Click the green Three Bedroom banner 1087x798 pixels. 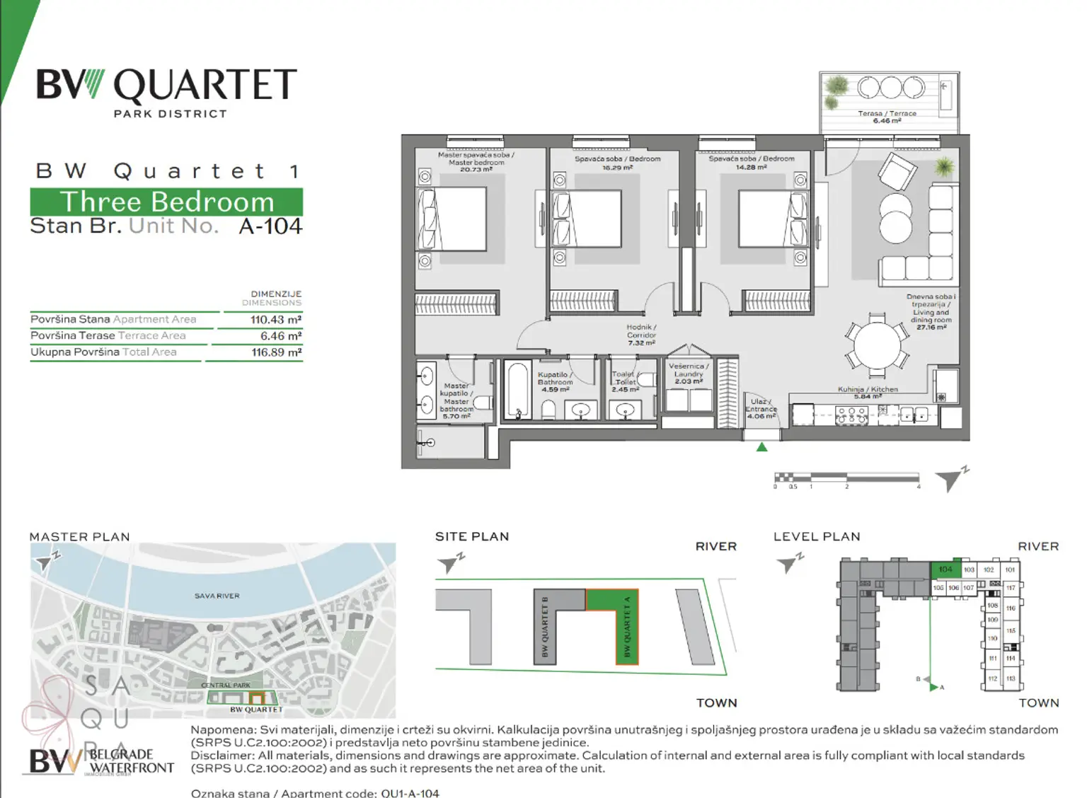tap(166, 202)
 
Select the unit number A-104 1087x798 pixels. tap(270, 226)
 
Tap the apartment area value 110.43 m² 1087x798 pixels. tap(275, 320)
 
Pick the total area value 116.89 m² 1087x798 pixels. tap(276, 352)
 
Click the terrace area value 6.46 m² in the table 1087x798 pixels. tap(280, 336)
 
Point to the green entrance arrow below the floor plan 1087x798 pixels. tap(761, 447)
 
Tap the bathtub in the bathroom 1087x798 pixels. tap(517, 391)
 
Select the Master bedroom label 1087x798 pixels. tap(476, 162)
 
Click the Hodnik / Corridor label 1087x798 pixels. tap(641, 335)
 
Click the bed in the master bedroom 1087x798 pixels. tap(452, 219)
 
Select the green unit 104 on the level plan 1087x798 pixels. tap(945, 569)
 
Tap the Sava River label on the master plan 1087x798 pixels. tap(217, 596)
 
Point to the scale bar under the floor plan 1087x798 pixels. tap(847, 479)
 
